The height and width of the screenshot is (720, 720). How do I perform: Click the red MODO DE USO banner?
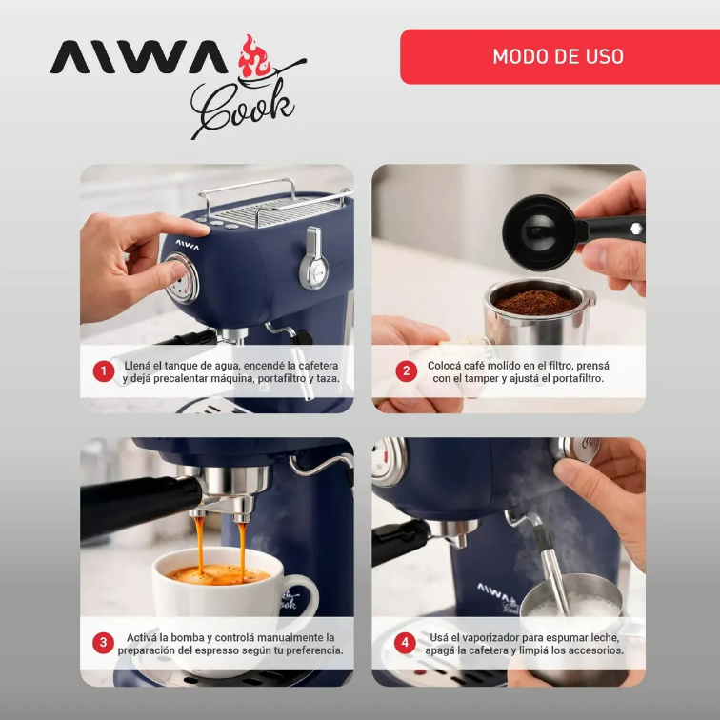560,56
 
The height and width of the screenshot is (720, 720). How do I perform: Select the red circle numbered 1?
104,371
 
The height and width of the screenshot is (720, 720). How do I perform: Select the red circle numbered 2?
406,371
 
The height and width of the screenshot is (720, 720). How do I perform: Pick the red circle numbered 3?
103,643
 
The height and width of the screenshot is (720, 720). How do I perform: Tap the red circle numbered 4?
405,643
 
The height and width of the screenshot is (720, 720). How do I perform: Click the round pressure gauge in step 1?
182,279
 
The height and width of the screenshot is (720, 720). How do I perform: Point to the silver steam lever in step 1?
313,258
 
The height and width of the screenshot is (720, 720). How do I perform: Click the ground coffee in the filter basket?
536,302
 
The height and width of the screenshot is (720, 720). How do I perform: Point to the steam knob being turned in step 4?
576,449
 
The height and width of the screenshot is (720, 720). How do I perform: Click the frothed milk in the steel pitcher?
570,605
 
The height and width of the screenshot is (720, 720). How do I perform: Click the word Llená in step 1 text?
137,366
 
